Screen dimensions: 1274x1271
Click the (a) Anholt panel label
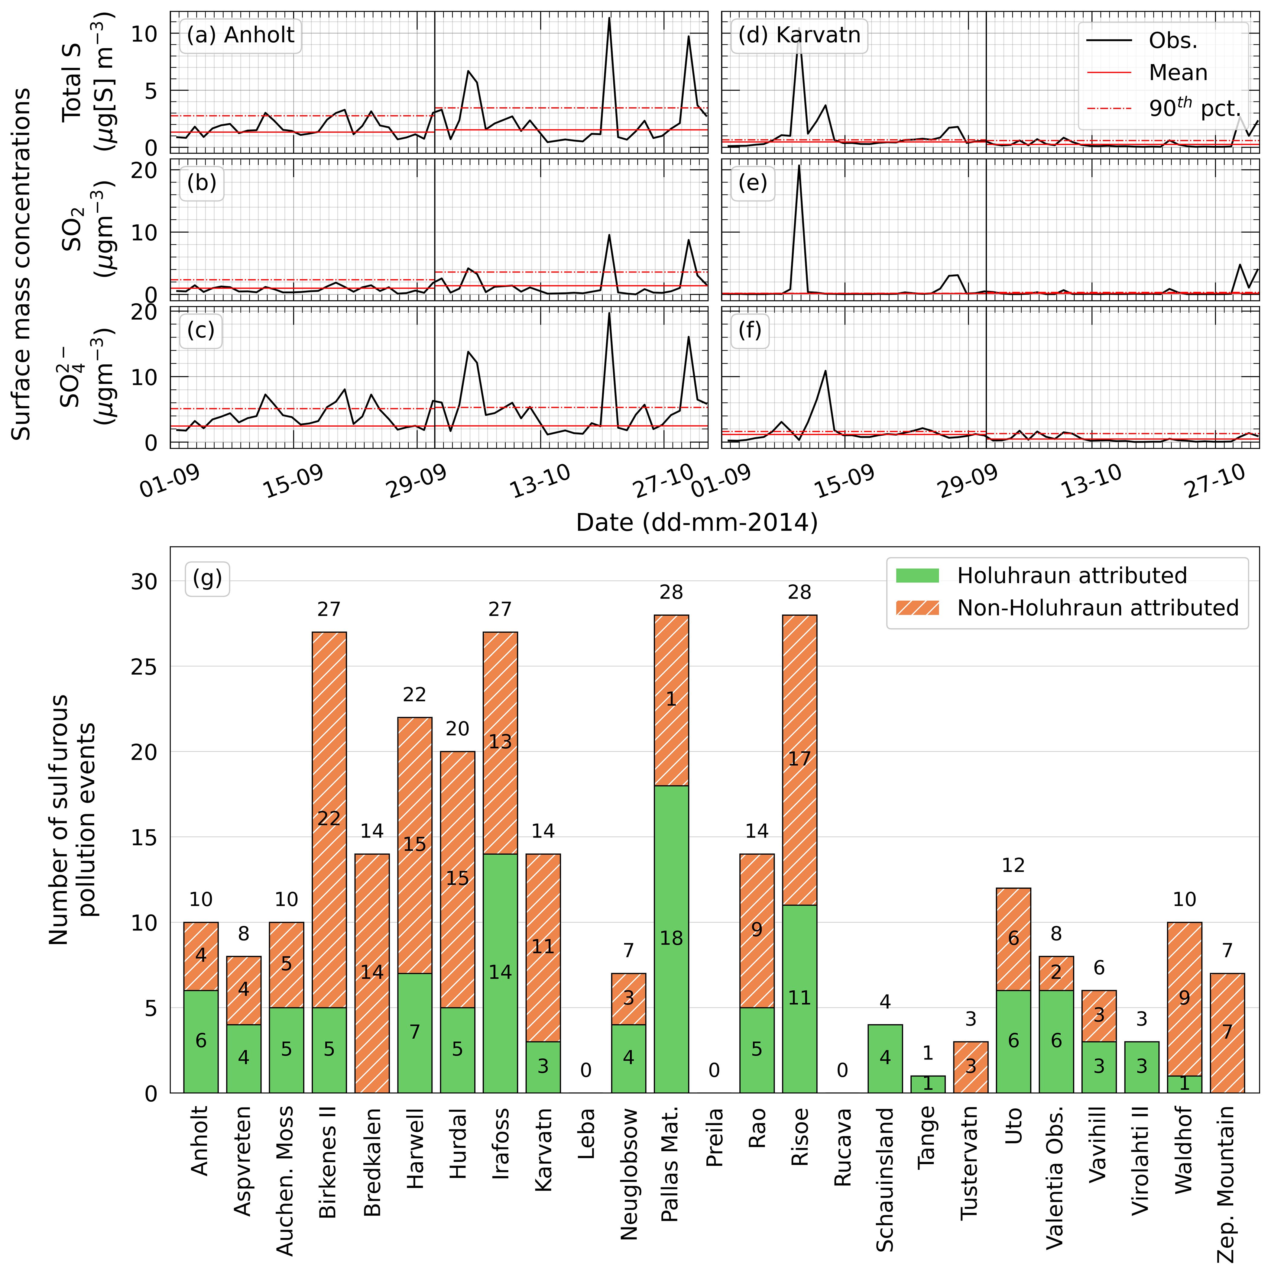point(240,35)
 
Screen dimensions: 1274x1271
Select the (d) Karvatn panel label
point(799,35)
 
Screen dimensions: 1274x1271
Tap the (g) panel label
point(207,578)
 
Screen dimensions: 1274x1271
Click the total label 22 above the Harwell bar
point(414,694)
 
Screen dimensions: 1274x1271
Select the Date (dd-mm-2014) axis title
point(696,522)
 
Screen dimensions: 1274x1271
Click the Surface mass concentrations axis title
point(22,264)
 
